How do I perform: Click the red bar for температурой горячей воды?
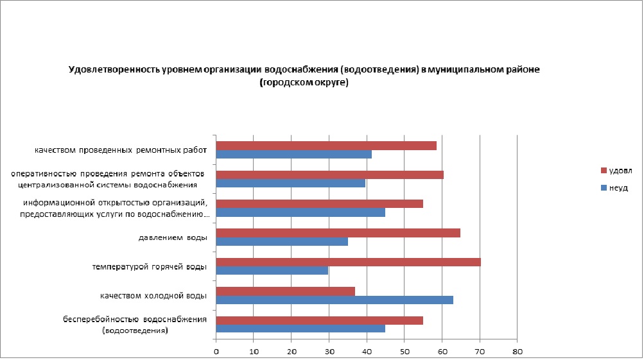pos(348,262)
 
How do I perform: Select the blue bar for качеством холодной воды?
pos(335,300)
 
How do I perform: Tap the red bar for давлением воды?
pos(338,233)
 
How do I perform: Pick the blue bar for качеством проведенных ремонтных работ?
pos(293,154)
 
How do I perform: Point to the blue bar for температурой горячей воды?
pos(272,270)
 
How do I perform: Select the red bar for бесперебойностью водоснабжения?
pos(319,320)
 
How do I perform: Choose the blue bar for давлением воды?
pos(282,241)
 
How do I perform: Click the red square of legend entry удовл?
pos(603,171)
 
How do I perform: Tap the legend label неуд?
pos(618,188)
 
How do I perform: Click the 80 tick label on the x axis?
pos(517,352)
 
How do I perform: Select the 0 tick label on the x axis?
pos(216,352)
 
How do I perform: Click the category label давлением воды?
pos(172,238)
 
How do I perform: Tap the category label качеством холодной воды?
pos(153,296)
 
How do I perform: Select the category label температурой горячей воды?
pos(149,267)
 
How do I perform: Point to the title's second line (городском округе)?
pos(304,83)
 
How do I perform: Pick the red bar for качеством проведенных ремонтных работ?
pos(326,146)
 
